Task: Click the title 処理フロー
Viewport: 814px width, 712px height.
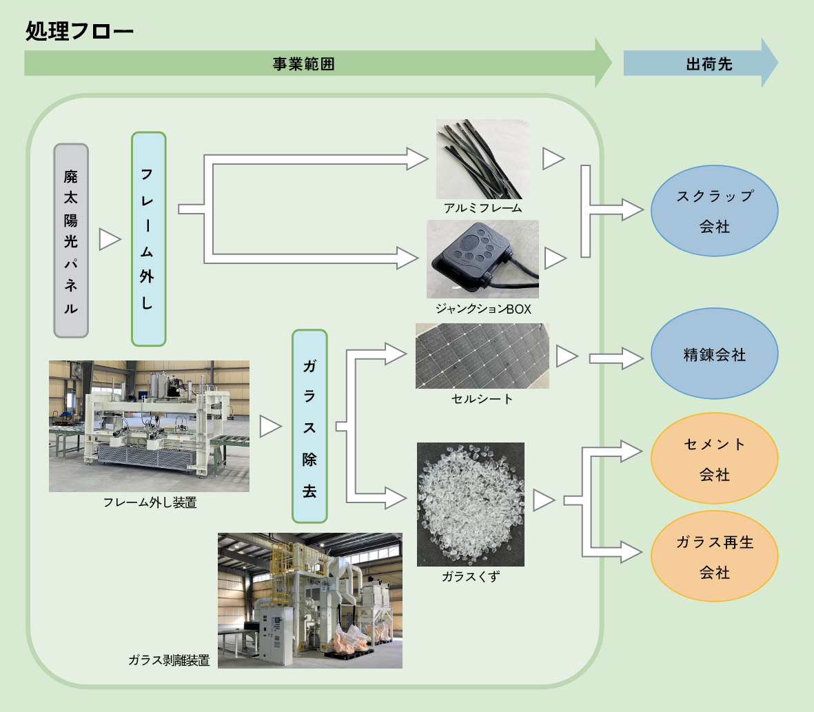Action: tap(79, 32)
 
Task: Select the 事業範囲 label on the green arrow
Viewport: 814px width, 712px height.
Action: tap(303, 65)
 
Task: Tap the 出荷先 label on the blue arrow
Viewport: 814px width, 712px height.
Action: tap(709, 64)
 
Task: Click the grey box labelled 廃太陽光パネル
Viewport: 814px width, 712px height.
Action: tap(71, 241)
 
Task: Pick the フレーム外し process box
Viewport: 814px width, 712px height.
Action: tap(148, 238)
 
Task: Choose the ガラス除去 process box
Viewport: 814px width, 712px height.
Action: tap(309, 426)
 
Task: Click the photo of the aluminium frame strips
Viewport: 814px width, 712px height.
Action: tap(482, 159)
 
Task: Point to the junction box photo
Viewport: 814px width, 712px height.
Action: tap(482, 258)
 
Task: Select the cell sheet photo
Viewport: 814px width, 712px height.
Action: tap(482, 356)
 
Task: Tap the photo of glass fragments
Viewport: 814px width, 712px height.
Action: tap(471, 504)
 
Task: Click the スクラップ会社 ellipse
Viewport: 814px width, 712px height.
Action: tap(714, 211)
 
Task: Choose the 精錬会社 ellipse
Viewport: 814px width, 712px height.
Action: tap(714, 354)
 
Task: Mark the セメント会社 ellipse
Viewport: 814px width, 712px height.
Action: tap(714, 459)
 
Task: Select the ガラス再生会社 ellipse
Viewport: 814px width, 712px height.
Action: tap(714, 557)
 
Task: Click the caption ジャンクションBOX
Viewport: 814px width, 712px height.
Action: tap(483, 309)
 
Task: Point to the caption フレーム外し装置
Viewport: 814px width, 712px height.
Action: tap(150, 503)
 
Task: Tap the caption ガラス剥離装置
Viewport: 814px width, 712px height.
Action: tap(169, 660)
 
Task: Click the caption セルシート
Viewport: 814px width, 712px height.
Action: tap(482, 399)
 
